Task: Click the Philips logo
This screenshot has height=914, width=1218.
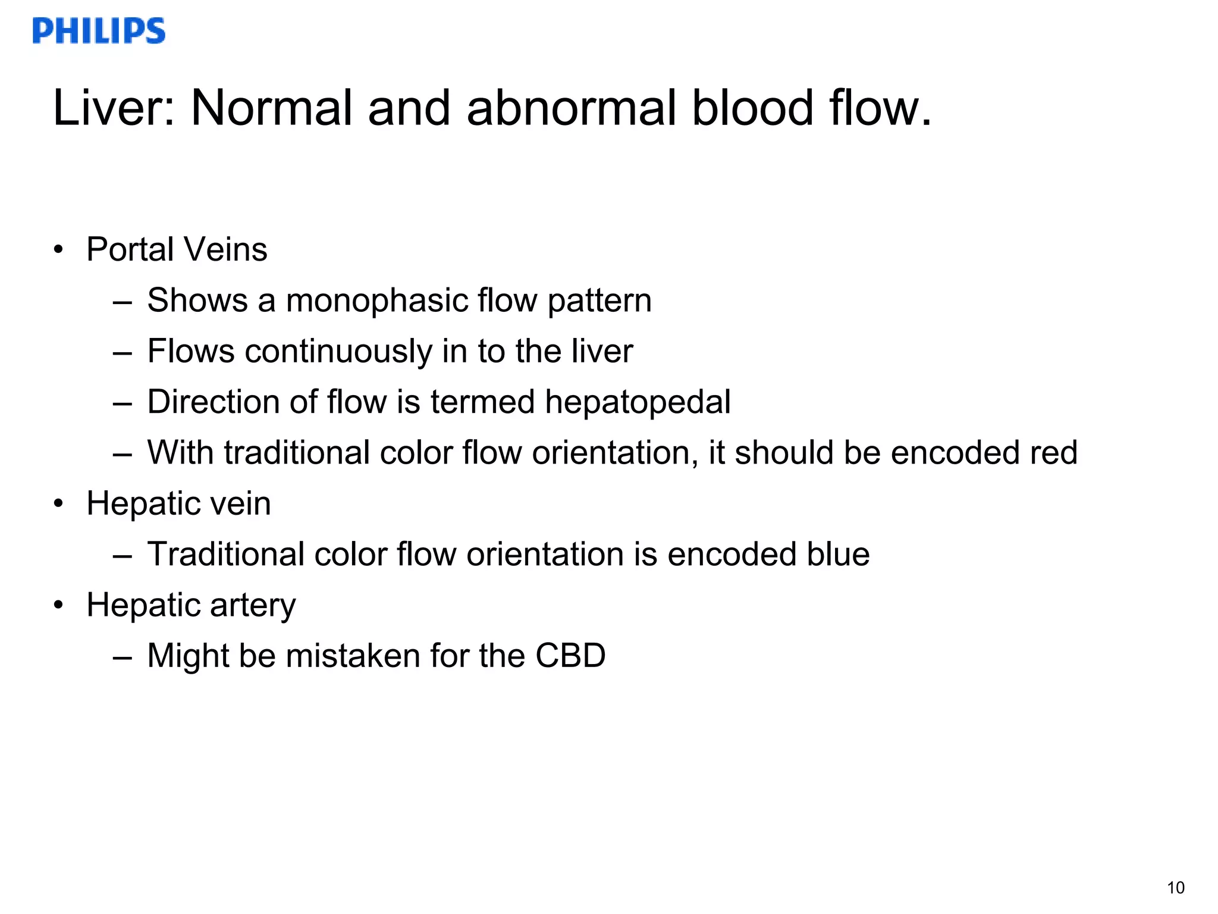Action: tap(99, 31)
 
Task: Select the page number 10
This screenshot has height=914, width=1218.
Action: tap(1175, 888)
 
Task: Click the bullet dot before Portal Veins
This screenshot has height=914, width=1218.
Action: tap(58, 249)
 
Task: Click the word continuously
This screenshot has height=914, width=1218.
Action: tap(338, 351)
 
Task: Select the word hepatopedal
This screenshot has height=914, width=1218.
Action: tap(638, 402)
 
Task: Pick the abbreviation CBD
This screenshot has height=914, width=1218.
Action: tap(570, 656)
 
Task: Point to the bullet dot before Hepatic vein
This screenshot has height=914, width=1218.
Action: tap(58, 504)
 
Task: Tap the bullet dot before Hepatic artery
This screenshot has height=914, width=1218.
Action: tap(58, 606)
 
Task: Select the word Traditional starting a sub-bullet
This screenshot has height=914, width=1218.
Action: tap(225, 555)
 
